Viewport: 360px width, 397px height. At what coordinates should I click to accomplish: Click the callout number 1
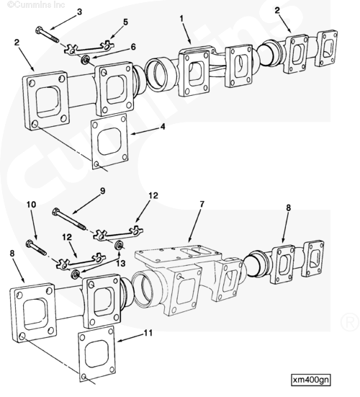pos(181,19)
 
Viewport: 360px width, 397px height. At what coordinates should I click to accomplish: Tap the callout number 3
pos(79,12)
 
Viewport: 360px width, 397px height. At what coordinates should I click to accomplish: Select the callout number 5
pos(125,22)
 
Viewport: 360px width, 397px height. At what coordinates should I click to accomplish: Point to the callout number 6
pos(133,47)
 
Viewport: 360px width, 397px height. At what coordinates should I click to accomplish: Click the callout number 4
pos(163,126)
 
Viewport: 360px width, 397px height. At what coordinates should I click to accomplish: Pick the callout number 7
pos(202,204)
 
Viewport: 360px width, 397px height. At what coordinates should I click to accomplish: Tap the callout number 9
pos(102,191)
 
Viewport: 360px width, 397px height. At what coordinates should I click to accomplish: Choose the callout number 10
pos(32,205)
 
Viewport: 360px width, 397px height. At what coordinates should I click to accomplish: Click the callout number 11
pos(148,333)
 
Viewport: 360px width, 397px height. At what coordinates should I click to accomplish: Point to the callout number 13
pos(121,263)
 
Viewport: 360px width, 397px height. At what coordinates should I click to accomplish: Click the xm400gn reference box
pos(311,380)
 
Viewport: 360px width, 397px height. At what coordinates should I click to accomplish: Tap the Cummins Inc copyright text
pos(36,4)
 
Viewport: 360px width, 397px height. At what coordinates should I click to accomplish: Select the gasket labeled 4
pos(109,142)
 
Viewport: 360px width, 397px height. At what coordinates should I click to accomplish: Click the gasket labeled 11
pos(96,354)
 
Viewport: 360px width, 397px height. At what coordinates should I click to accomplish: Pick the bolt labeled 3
pos(47,34)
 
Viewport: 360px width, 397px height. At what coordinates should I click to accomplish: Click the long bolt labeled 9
pos(69,218)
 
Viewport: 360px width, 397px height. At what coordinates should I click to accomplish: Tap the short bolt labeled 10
pos(37,248)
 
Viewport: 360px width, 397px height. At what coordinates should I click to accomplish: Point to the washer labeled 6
pos(84,60)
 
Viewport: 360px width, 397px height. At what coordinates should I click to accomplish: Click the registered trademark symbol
pos(350,322)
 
